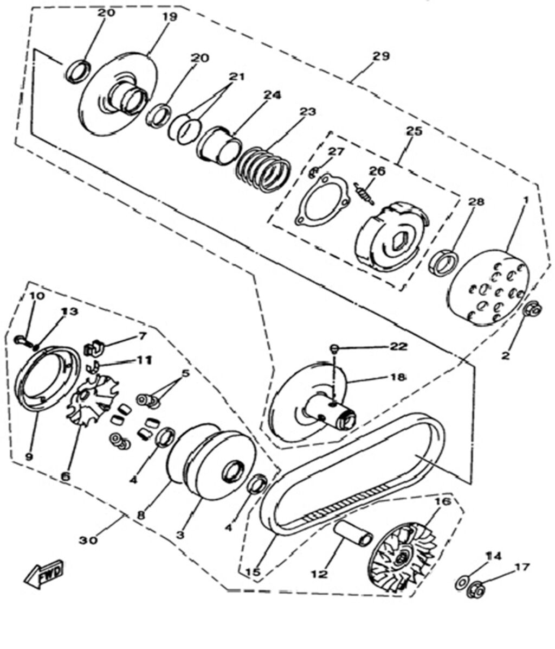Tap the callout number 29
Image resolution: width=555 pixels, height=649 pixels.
tap(381, 56)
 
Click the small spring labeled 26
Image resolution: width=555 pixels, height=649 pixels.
tap(363, 193)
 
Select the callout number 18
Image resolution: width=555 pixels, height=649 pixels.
tap(397, 377)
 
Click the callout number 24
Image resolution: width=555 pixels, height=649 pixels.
tap(272, 96)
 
